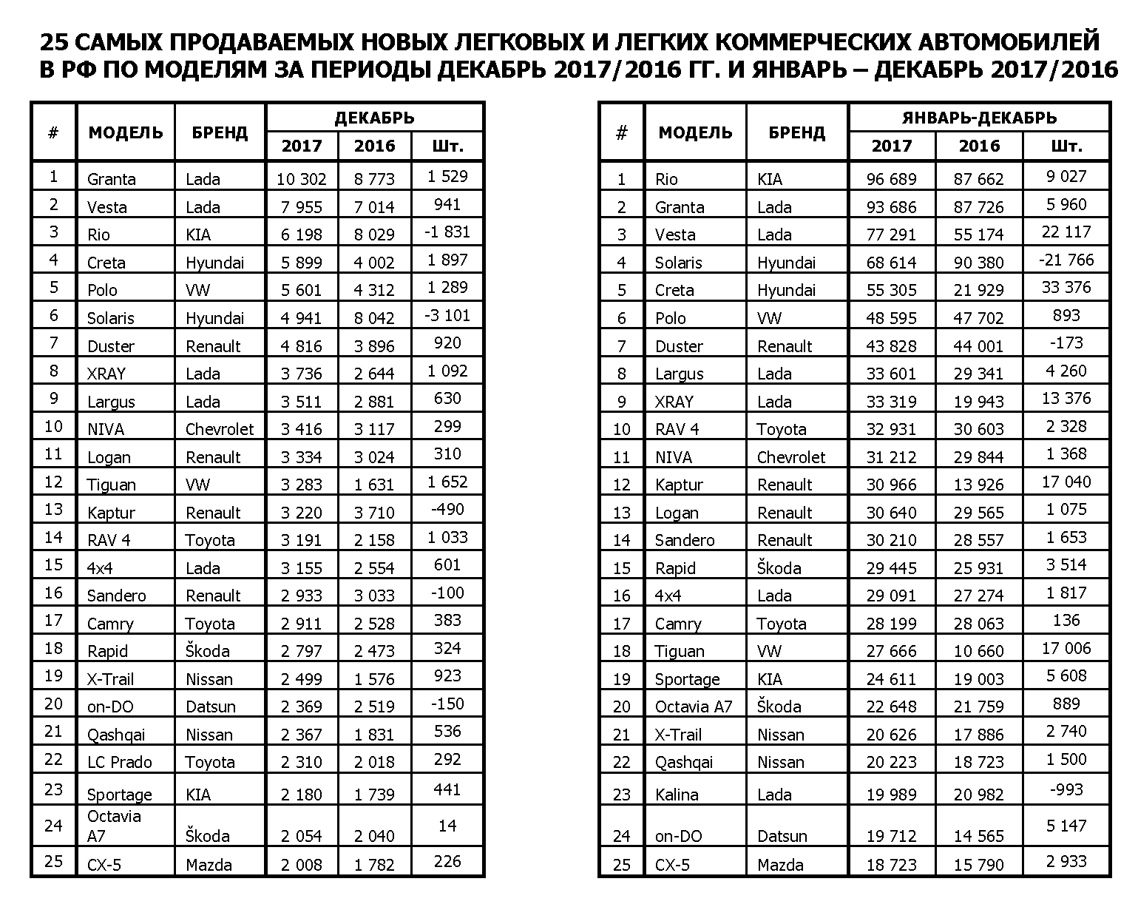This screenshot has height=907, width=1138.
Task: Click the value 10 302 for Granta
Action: coord(301,179)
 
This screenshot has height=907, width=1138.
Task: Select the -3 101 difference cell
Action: coord(447,316)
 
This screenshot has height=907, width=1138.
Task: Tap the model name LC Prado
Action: coord(119,762)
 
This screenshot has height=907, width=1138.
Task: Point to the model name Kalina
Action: coord(676,795)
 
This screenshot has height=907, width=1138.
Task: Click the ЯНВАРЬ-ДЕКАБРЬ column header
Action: coord(979,118)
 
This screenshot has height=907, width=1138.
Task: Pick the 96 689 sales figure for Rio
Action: coord(891,179)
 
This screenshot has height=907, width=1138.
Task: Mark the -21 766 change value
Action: coord(1066,260)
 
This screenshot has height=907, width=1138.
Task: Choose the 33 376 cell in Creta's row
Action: coord(1066,288)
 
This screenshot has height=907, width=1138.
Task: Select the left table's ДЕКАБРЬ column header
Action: coord(374,118)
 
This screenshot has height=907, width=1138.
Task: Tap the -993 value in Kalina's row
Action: coord(1066,790)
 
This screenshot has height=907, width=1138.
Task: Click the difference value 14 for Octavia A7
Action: coord(447,826)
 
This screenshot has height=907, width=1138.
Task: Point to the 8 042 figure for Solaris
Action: coord(374,318)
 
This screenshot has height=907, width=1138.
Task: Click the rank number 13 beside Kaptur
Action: coord(53,510)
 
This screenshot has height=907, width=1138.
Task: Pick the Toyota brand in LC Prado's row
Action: coord(210,762)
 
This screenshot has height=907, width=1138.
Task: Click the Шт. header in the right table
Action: coord(1066,146)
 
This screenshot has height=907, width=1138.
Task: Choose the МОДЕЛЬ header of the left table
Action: coord(126,132)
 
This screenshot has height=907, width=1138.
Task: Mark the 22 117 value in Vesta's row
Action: coord(1066,232)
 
